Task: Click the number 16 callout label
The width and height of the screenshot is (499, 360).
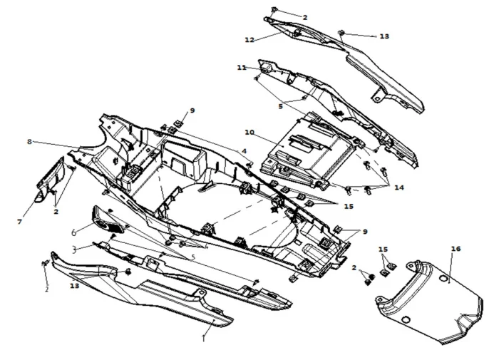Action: point(456,249)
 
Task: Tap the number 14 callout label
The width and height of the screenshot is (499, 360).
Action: point(398,187)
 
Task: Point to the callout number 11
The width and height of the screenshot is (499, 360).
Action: point(242,67)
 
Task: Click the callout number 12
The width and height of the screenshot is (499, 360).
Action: point(249,39)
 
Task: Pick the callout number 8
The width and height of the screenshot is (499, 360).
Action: point(29,142)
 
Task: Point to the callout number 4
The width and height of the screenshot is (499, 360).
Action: point(244,151)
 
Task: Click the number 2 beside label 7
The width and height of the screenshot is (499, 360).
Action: point(56,212)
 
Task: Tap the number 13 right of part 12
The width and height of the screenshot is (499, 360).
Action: point(384,36)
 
